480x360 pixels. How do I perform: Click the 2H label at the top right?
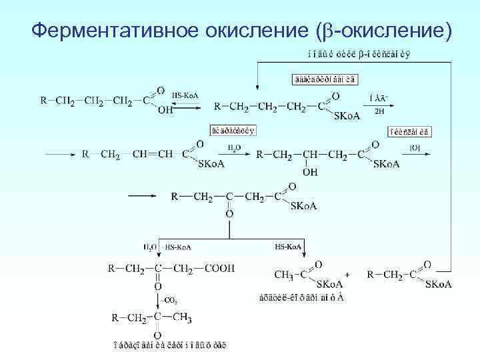[x=379, y=111]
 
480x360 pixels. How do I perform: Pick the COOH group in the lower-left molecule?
[x=221, y=268]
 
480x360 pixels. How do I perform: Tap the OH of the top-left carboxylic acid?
[x=165, y=111]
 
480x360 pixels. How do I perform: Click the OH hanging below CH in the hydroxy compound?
[x=310, y=171]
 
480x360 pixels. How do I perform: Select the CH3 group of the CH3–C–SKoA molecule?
[x=283, y=273]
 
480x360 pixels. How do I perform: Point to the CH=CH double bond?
[x=152, y=155]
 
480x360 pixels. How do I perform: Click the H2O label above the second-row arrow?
[x=234, y=147]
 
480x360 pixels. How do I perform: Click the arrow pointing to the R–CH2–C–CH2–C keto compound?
[x=143, y=196]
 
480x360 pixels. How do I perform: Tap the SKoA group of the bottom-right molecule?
[x=439, y=285]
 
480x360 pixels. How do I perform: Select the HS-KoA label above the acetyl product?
[x=288, y=247]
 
